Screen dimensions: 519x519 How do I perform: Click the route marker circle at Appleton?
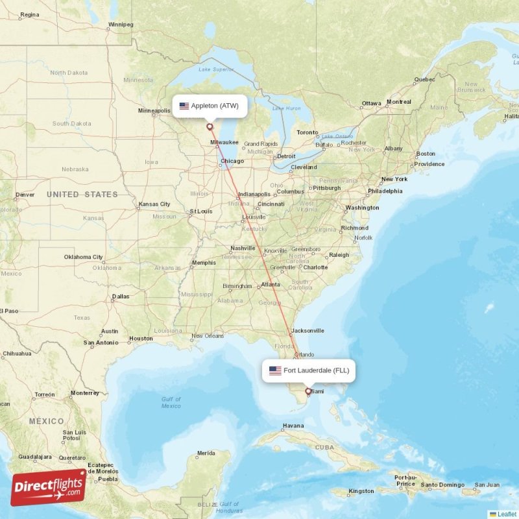[210, 127]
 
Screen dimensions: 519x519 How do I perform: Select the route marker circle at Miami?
[308, 391]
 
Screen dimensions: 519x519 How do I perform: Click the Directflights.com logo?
[48, 487]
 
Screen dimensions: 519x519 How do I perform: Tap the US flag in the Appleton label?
[184, 106]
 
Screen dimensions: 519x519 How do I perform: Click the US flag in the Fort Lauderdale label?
[275, 370]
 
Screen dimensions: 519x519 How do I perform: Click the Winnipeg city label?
[121, 25]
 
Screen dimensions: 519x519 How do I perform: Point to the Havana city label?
[293, 426]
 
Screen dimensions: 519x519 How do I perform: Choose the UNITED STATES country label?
[82, 195]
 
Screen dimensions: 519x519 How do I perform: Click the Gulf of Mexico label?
[171, 402]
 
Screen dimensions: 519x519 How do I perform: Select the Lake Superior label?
[216, 69]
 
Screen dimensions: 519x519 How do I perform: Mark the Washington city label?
[362, 208]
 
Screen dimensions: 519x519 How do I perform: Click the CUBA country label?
[325, 446]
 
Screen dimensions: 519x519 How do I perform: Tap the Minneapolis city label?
[154, 111]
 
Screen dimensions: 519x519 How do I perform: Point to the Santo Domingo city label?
[442, 485]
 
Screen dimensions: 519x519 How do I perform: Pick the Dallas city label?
[120, 296]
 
